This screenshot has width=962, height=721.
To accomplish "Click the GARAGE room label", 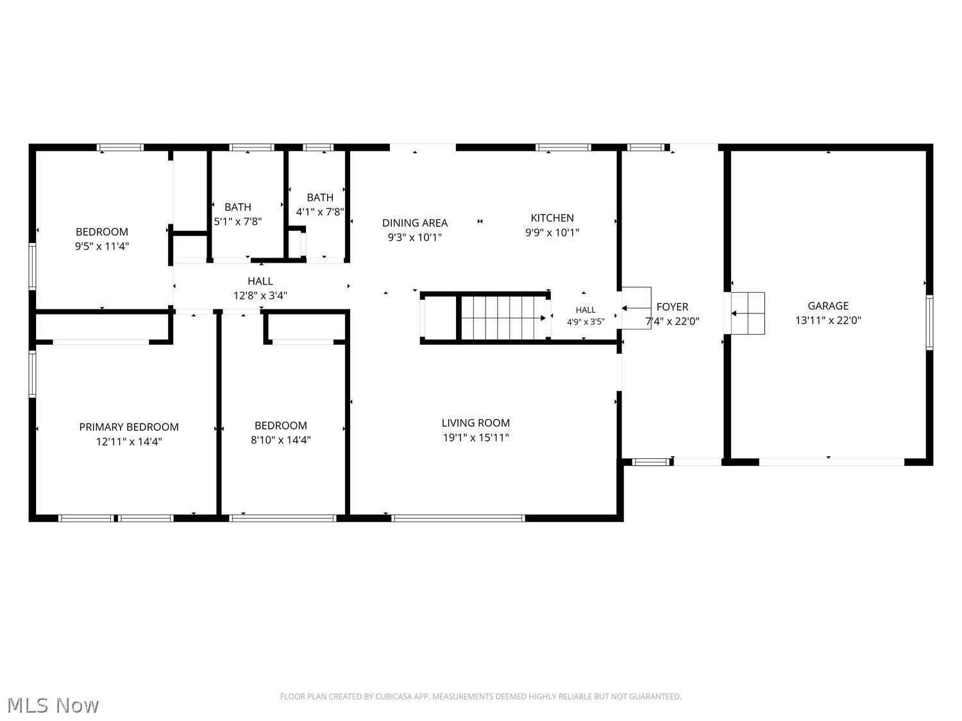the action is tap(828, 306).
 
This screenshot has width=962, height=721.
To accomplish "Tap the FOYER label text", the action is tap(672, 307).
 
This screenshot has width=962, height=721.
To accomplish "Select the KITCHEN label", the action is tap(552, 217).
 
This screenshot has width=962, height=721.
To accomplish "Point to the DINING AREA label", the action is tap(414, 223).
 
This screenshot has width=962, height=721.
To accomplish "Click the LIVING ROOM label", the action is tap(475, 423).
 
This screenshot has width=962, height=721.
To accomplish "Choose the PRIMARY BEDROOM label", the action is tap(129, 427).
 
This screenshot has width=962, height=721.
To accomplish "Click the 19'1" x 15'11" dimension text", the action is tap(475, 437).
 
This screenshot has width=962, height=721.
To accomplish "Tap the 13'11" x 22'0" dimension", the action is tap(828, 320).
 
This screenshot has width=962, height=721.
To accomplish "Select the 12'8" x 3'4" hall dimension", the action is tap(260, 295).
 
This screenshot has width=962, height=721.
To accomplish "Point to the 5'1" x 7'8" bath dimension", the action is tap(237, 222).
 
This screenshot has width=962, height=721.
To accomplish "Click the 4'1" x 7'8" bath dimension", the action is tap(320, 212).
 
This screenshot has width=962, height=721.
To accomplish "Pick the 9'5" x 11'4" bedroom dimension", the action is tap(102, 246).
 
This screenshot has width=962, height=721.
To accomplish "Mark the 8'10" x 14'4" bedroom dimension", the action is tap(280, 440).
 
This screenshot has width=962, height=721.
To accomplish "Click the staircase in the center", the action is tap(503, 318).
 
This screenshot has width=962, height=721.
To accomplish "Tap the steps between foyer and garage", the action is tap(748, 313).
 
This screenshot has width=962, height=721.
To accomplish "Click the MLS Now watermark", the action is tap(53, 705).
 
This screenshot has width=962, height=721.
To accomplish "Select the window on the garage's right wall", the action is tap(929, 322).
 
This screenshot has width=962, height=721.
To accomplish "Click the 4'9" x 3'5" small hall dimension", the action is tap(586, 322).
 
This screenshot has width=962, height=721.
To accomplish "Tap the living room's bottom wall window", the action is tap(458, 518).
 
